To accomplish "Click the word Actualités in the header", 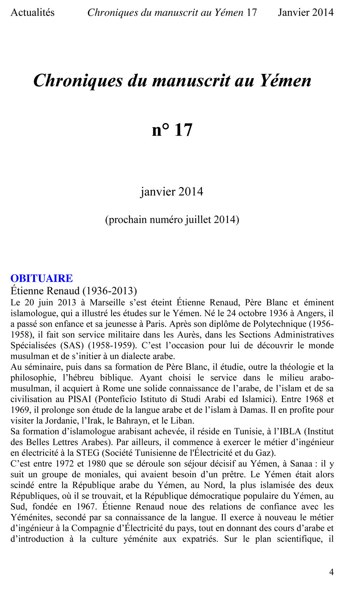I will point(32,13).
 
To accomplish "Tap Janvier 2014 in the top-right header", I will point(306,13).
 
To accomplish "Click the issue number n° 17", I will point(172,130).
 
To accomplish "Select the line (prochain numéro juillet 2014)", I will point(172,219).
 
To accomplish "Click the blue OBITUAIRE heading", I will point(41,278).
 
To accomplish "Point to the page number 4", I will point(331,572).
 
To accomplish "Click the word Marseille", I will point(107,303).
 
